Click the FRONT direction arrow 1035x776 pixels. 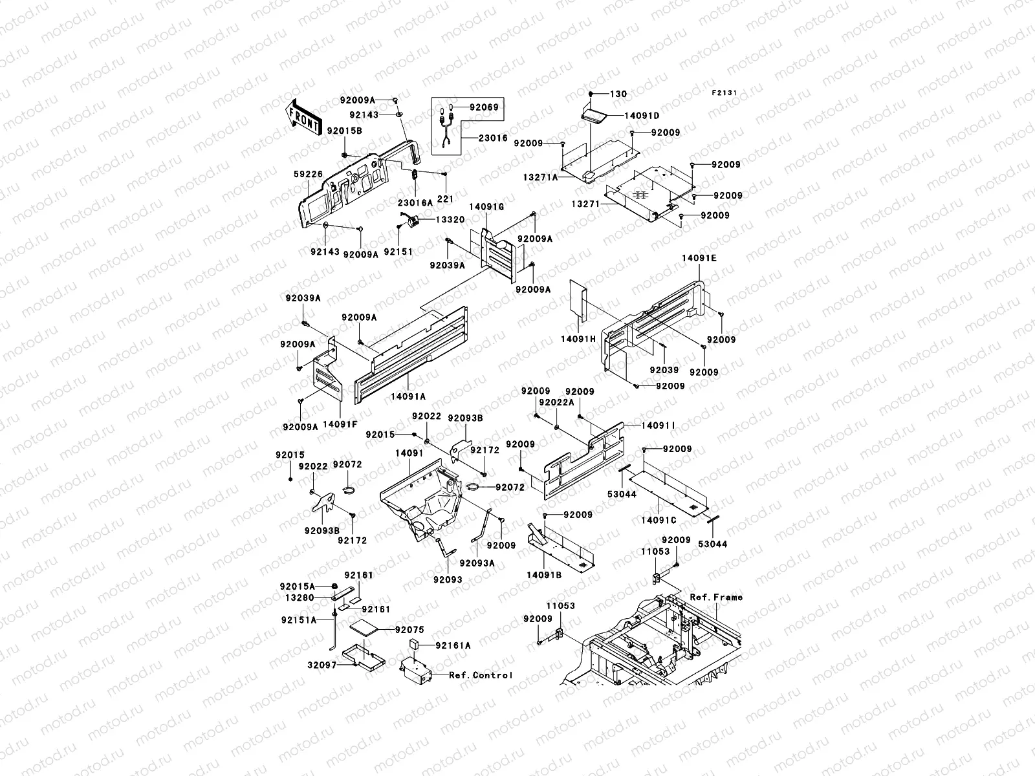pos(303,117)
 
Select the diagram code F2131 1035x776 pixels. pos(724,93)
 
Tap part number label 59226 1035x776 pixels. pos(309,175)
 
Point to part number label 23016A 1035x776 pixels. pos(415,202)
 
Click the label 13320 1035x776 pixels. pos(450,220)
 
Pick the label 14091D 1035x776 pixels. pos(642,116)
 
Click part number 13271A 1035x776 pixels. pos(540,178)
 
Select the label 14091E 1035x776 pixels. pos(699,258)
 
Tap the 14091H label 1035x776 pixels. pos(578,339)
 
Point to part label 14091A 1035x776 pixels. pos(408,396)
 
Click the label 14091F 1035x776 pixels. pos(340,424)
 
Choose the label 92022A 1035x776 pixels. pos(557,402)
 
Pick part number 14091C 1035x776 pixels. pos(659,520)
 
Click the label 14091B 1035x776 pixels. pos(544,575)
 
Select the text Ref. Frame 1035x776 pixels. pos(716,598)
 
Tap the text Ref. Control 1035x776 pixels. pos(481,675)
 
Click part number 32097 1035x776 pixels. pos(322,665)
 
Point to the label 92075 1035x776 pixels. pos(409,629)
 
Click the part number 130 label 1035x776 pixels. pos(618,94)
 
